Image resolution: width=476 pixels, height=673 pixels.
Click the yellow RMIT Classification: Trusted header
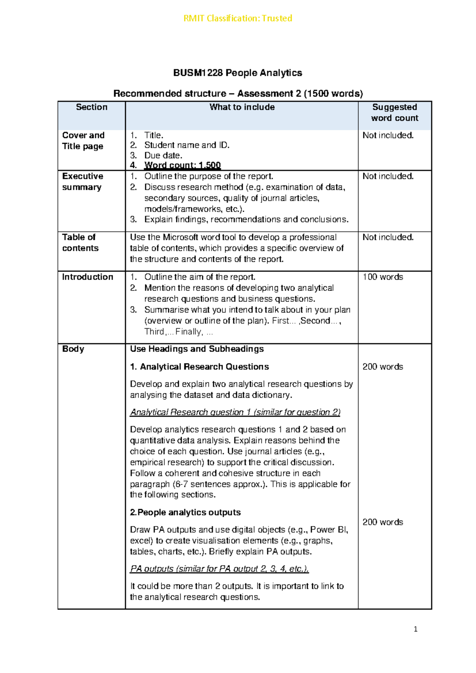click(x=238, y=18)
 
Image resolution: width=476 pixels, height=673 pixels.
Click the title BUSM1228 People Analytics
click(x=238, y=73)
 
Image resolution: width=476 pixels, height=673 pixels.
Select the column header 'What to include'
click(x=242, y=107)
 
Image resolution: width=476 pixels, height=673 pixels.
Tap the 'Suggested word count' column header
click(x=395, y=113)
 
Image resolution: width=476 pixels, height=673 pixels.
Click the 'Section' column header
click(x=92, y=107)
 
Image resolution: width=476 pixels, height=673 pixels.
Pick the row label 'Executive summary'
click(x=83, y=182)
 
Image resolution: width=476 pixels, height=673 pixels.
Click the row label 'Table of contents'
click(x=80, y=243)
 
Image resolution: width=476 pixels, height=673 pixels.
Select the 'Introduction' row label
click(x=88, y=277)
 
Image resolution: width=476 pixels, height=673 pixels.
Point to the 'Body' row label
click(x=73, y=349)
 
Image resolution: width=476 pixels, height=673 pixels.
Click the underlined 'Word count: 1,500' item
click(x=182, y=165)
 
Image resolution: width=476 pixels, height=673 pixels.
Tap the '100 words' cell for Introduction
click(x=383, y=277)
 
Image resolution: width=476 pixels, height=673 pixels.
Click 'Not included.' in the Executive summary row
click(x=388, y=176)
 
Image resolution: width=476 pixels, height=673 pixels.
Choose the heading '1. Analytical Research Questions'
click(x=200, y=367)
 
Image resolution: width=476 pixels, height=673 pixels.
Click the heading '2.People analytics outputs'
click(x=185, y=512)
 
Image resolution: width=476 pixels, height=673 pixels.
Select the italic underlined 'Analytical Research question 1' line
click(x=235, y=412)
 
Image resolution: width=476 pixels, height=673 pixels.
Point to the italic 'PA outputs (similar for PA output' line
click(x=219, y=569)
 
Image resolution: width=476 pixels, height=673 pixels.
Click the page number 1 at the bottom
click(x=415, y=629)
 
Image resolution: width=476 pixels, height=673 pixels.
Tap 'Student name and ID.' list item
click(x=187, y=145)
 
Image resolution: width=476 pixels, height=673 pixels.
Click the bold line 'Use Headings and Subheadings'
click(x=197, y=349)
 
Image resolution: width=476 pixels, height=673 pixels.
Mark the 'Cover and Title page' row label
click(x=83, y=141)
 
